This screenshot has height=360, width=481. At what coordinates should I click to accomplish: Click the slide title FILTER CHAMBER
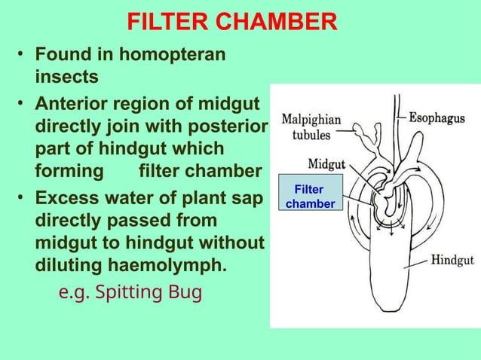[231, 23]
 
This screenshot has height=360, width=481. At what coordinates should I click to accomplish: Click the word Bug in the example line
[185, 291]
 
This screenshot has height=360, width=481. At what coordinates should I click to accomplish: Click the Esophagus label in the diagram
[440, 118]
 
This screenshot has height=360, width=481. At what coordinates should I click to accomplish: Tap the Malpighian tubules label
[311, 128]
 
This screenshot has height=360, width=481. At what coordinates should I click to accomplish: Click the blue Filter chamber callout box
[310, 197]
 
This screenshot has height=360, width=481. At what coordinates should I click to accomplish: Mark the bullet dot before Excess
[23, 200]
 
